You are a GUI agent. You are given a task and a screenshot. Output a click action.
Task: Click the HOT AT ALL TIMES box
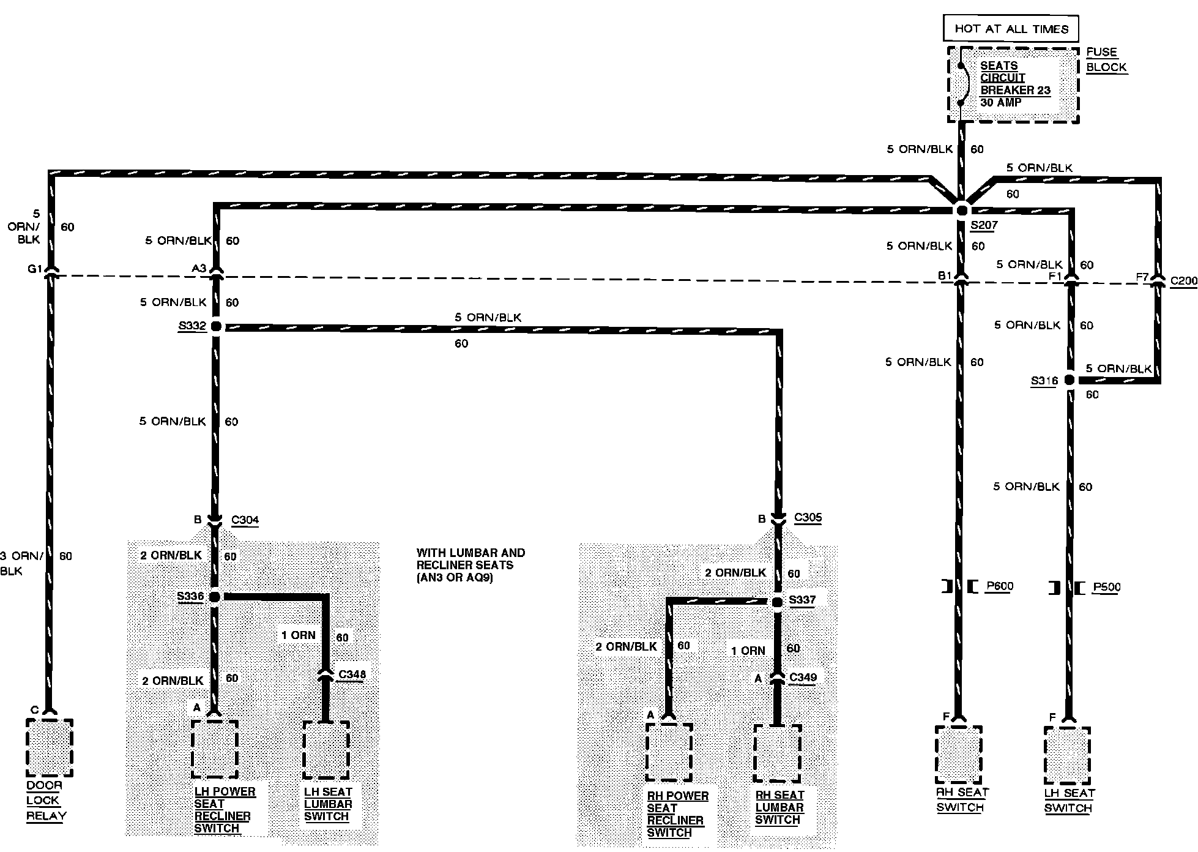pyautogui.click(x=1011, y=29)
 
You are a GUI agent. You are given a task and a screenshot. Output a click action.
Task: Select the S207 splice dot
pyautogui.click(x=961, y=209)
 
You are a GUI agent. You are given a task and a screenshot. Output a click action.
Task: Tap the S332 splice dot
pyautogui.click(x=215, y=326)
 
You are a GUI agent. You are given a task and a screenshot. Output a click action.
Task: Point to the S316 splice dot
pyautogui.click(x=1069, y=380)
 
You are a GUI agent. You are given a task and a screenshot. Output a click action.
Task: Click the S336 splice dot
pyautogui.click(x=215, y=597)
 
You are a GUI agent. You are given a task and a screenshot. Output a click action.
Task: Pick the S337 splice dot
pyautogui.click(x=777, y=602)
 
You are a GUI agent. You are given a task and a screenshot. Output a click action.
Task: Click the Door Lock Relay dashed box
pyautogui.click(x=50, y=747)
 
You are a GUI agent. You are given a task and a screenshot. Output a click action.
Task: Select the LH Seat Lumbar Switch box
pyautogui.click(x=326, y=750)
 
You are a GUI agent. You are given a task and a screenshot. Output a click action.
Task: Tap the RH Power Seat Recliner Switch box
pyautogui.click(x=669, y=752)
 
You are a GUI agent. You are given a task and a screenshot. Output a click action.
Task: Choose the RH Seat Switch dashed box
pyautogui.click(x=959, y=755)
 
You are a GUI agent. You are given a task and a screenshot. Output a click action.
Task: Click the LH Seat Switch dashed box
pyautogui.click(x=1068, y=755)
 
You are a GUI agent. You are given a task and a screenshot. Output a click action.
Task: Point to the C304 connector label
pyautogui.click(x=245, y=520)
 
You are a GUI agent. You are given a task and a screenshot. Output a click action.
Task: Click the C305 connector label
pyautogui.click(x=808, y=517)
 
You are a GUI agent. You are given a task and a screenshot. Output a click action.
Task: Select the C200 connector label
pyautogui.click(x=1183, y=281)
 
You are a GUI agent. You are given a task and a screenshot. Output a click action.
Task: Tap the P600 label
pyautogui.click(x=1000, y=586)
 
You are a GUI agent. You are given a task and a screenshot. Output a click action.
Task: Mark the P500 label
pyautogui.click(x=1107, y=587)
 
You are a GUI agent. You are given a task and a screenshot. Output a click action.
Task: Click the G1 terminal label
pyautogui.click(x=35, y=269)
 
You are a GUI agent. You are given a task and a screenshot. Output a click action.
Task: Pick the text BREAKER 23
pyautogui.click(x=1015, y=90)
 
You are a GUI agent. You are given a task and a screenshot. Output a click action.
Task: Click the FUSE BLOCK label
pyautogui.click(x=1106, y=60)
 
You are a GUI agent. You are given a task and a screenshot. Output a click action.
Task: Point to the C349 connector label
pyautogui.click(x=803, y=677)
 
